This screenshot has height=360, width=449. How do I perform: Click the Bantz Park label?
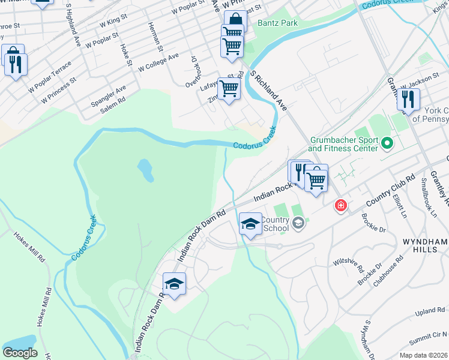point(277,23)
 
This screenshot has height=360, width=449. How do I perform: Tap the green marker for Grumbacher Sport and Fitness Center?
point(387,144)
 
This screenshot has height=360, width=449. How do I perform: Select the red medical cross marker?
point(341,206)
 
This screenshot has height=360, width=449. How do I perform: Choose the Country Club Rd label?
point(391,190)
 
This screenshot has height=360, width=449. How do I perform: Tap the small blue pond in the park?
point(145,170)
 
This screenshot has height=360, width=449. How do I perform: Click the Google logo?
point(20,352)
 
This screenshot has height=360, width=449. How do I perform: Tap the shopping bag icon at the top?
point(235,20)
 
